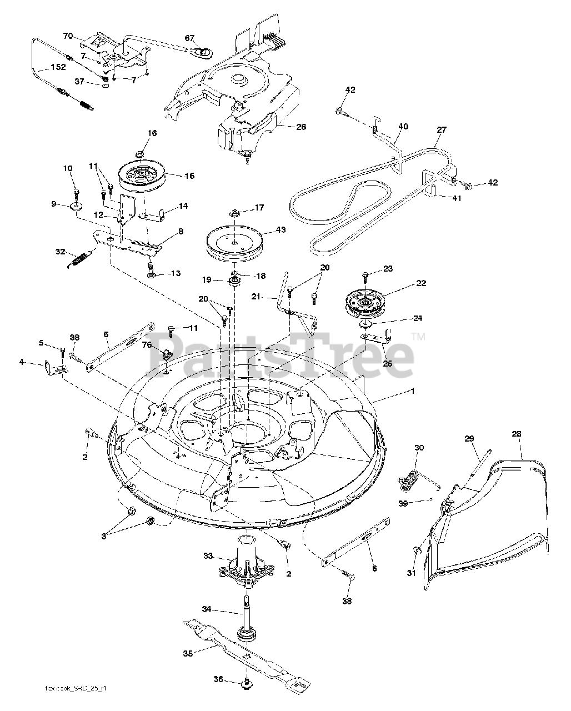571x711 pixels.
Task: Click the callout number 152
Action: click(58, 67)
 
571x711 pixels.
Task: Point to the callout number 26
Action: click(300, 127)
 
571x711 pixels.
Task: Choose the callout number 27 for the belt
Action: click(442, 130)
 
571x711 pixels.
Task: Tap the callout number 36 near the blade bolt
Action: click(218, 679)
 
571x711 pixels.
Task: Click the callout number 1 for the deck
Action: click(412, 391)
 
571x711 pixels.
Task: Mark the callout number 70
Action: click(68, 36)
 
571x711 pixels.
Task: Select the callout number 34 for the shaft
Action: click(206, 609)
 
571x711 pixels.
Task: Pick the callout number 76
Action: click(147, 344)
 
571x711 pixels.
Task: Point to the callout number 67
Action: click(190, 38)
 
